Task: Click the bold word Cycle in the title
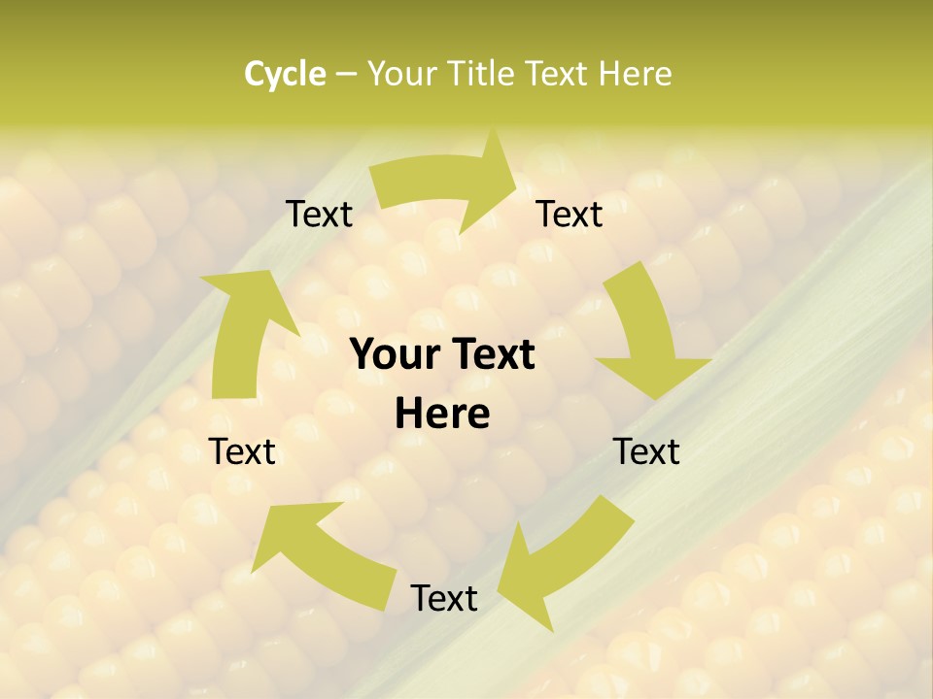pos(285,74)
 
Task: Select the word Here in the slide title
pos(635,74)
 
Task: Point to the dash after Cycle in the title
pos(346,75)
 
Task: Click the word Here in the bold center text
pos(442,415)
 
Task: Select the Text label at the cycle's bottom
pos(444,598)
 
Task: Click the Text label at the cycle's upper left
pos(319,215)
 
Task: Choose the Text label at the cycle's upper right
pos(570,215)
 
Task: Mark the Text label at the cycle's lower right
pos(646,451)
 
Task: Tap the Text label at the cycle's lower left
pos(243,451)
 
